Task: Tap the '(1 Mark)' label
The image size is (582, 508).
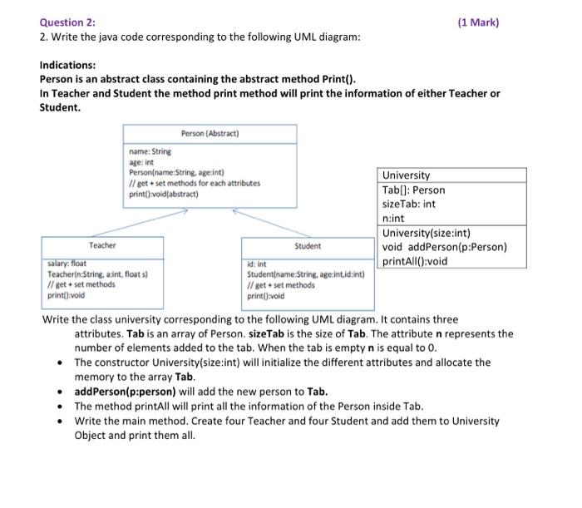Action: [x=479, y=22]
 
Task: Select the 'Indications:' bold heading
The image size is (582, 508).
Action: [x=67, y=64]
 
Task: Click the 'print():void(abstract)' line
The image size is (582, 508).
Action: [x=164, y=193]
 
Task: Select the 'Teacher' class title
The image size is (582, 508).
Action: [x=102, y=245]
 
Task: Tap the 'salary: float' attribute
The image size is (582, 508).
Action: [x=67, y=264]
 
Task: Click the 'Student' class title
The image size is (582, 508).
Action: [x=308, y=246]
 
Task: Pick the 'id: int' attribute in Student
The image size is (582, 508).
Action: [x=257, y=264]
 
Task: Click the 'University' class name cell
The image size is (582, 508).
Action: [x=407, y=175]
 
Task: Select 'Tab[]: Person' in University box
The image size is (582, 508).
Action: [x=413, y=190]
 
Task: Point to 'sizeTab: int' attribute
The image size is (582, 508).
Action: [x=409, y=205]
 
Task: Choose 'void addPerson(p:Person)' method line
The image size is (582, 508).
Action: [x=444, y=247]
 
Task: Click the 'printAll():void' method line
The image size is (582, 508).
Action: [x=415, y=261]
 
